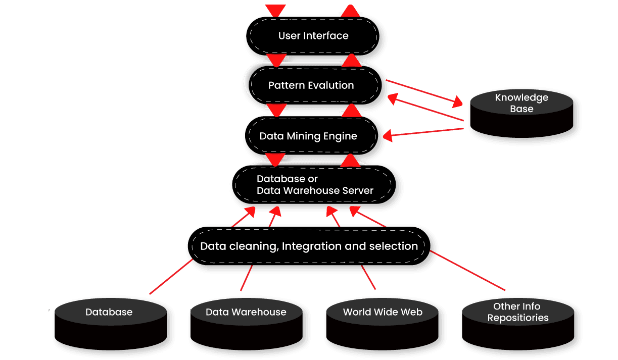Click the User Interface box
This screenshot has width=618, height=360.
click(313, 36)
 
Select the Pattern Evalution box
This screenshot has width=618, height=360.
click(311, 85)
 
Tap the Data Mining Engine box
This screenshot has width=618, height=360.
click(308, 136)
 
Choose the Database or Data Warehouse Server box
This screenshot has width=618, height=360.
click(315, 185)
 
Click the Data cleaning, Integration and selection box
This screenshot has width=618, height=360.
click(309, 246)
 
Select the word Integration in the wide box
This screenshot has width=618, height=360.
click(311, 246)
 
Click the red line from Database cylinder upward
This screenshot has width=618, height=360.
click(171, 277)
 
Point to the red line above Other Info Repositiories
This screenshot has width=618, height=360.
click(467, 271)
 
